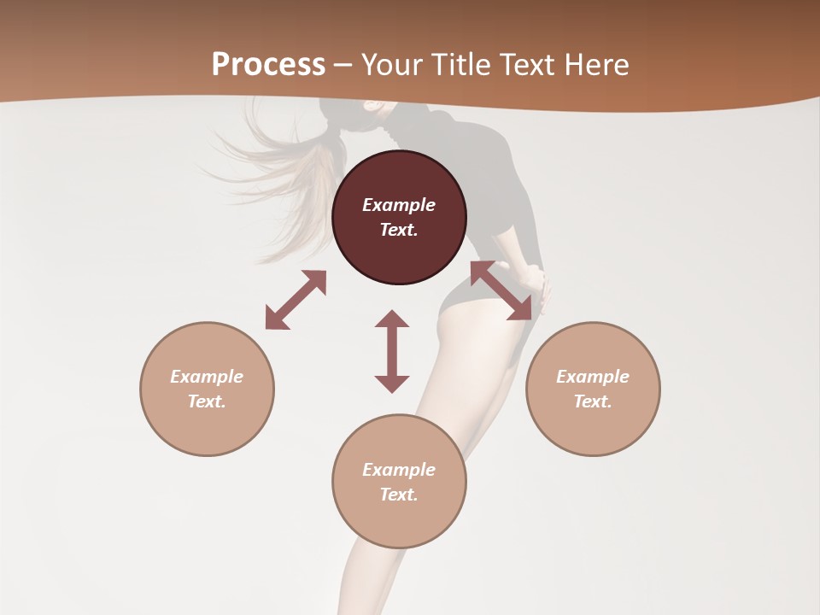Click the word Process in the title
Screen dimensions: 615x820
(x=268, y=64)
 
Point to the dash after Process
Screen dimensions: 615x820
(x=343, y=65)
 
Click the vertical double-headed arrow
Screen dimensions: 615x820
(x=392, y=351)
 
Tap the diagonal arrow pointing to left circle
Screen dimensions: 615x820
(x=296, y=300)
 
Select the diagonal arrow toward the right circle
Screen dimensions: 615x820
(x=501, y=291)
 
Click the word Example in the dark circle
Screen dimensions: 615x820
(x=399, y=205)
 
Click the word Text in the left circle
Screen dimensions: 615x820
(x=207, y=401)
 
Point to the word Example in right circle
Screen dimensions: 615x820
(x=593, y=377)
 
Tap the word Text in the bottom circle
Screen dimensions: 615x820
(x=399, y=495)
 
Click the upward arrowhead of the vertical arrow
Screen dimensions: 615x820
(x=392, y=319)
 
